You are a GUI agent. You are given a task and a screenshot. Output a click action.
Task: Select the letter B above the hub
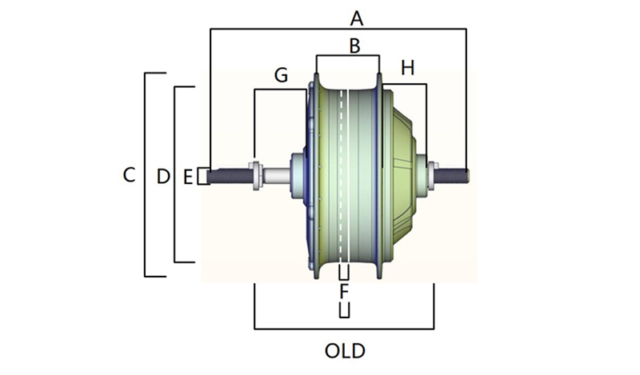pos(354,46)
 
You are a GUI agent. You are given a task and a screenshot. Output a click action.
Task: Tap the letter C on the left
pos(129,174)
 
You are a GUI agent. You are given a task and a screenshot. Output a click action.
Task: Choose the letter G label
pos(281,75)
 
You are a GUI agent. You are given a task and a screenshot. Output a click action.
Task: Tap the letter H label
pos(408,70)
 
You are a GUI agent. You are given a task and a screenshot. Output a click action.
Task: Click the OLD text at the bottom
pos(345,351)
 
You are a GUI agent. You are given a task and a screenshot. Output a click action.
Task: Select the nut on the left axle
pos(255,175)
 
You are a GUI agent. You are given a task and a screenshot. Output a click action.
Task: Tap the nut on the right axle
pos(433,174)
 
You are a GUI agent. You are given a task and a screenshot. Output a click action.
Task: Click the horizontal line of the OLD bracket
pos(344,329)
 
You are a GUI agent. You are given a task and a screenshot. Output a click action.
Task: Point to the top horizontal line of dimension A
pos(336,30)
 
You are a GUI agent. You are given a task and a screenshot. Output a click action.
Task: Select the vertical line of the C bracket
pos(145,174)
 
